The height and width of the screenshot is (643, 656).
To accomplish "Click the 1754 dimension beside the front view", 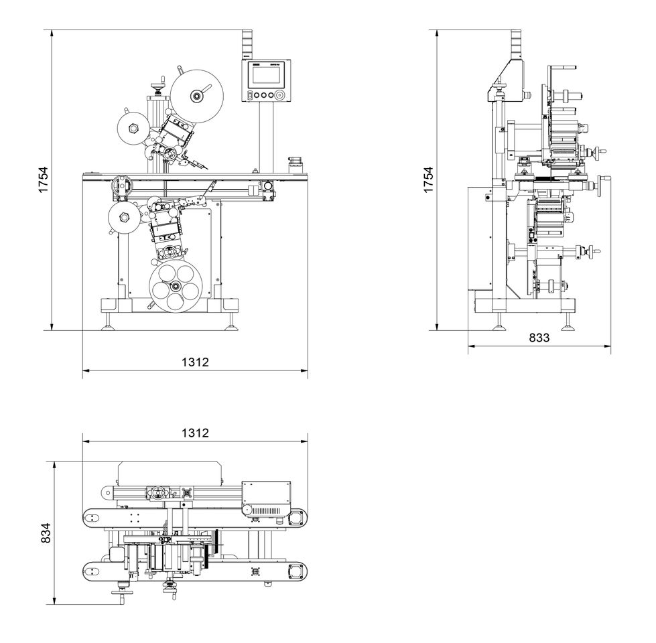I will [43, 181].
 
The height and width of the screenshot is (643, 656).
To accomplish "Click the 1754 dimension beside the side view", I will [429, 181].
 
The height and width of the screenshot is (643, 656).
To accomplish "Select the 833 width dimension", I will [539, 338].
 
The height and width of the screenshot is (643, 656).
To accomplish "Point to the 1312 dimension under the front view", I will [195, 362].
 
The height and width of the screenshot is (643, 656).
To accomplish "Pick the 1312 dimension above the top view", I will [195, 433].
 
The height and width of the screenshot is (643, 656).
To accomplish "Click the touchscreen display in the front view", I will [267, 74].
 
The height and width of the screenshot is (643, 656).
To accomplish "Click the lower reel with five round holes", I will [174, 286].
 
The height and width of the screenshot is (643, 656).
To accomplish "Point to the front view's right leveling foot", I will [233, 324].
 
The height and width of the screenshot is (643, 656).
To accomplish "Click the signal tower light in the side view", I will [515, 44].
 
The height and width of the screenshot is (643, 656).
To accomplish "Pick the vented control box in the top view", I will [266, 500].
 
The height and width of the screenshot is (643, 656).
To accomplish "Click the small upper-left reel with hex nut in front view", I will [130, 128].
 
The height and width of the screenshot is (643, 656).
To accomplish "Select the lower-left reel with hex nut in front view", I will [123, 217].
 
